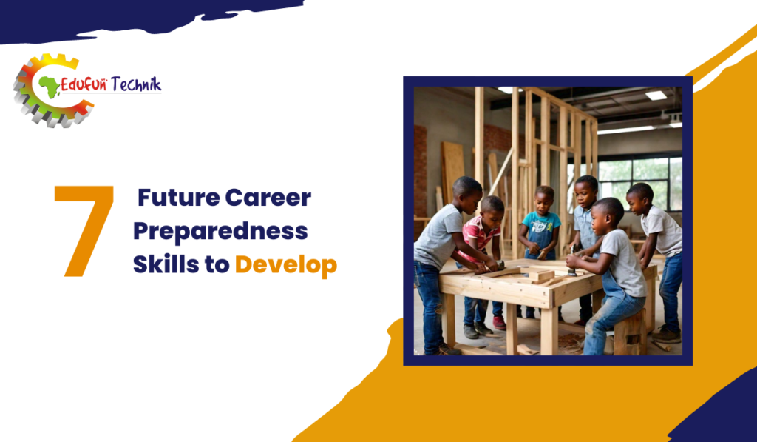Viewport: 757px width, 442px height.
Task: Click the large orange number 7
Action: (85, 231)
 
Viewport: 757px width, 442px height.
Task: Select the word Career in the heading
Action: (268, 198)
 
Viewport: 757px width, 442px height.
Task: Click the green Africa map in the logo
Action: (50, 87)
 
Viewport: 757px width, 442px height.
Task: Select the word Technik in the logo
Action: (136, 85)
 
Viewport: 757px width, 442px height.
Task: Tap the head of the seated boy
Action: (608, 214)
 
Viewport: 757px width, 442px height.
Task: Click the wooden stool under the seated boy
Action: (630, 332)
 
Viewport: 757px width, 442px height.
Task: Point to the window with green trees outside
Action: (639, 183)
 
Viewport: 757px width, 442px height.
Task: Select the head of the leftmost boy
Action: (467, 195)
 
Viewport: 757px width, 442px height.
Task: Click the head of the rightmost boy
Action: (641, 198)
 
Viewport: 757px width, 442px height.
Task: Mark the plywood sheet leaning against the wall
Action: (453, 173)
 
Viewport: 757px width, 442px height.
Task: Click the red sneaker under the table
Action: (499, 323)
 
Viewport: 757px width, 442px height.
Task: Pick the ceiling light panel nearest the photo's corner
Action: (656, 96)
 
